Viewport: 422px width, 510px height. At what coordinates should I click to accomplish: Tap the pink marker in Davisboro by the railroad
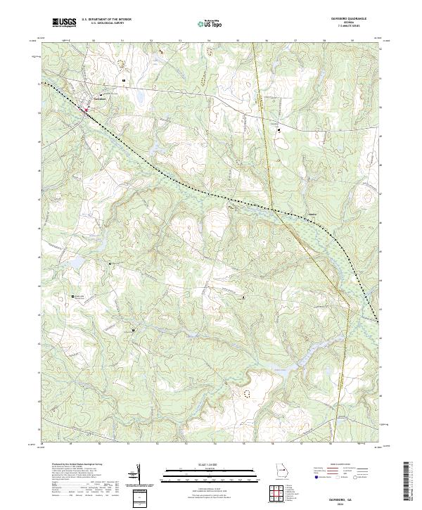[x=87, y=109]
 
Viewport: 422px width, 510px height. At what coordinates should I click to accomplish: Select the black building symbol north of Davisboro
[x=123, y=81]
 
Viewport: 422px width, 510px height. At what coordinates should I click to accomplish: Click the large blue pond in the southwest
[x=79, y=263]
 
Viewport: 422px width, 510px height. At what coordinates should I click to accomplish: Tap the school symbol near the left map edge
[x=74, y=298]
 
